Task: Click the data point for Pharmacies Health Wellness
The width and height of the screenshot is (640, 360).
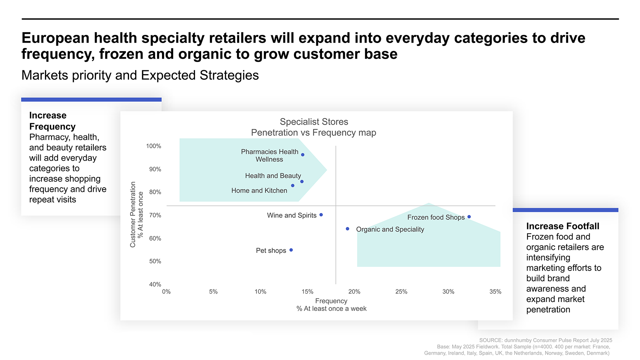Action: tap(303, 155)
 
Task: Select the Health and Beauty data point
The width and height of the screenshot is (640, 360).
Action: tap(302, 182)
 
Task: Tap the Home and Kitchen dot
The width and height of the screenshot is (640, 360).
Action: tap(293, 185)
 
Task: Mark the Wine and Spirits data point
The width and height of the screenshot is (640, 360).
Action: tap(321, 215)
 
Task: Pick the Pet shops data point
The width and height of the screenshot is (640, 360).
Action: tap(291, 250)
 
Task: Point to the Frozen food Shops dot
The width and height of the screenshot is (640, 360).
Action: tap(469, 217)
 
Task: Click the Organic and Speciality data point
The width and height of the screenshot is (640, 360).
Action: tap(347, 229)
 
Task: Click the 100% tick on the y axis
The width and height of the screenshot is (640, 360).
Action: tap(154, 146)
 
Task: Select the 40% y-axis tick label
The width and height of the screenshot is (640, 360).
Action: tap(155, 284)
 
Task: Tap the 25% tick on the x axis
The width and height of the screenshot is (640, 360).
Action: tap(401, 292)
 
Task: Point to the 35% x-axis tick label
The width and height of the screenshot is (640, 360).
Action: tap(495, 292)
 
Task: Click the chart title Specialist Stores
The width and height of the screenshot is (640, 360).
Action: tap(314, 122)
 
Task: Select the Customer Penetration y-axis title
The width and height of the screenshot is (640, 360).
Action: tap(133, 214)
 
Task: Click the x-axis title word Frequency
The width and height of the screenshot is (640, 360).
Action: tap(331, 301)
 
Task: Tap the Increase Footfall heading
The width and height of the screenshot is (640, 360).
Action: tap(562, 226)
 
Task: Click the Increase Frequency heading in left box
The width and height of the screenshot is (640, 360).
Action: tap(52, 121)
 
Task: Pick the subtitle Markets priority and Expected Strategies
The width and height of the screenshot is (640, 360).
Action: tap(140, 75)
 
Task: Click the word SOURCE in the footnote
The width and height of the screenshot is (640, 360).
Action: tap(491, 340)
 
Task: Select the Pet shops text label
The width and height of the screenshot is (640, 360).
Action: tap(271, 251)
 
